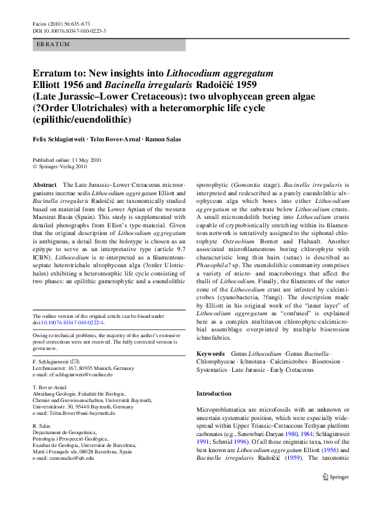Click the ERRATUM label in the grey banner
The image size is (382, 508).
[53, 44]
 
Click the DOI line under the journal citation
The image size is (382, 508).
[69, 30]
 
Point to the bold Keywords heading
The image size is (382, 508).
[211, 354]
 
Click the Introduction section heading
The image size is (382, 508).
[214, 393]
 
